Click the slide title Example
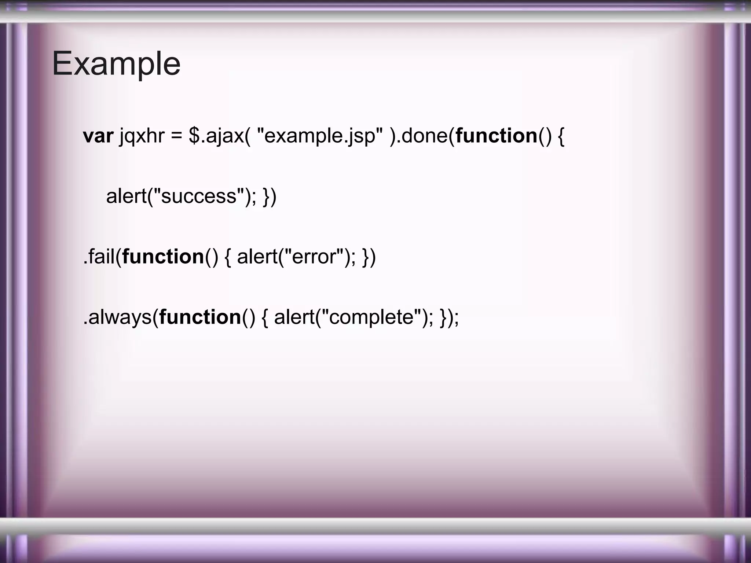(116, 64)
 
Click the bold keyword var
(98, 136)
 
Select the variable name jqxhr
(142, 136)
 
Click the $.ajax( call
(219, 136)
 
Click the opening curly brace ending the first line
(561, 136)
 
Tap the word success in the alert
(198, 196)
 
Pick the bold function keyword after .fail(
(163, 256)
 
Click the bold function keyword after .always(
(200, 317)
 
